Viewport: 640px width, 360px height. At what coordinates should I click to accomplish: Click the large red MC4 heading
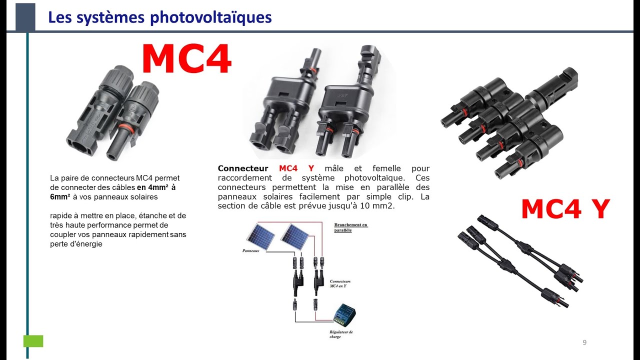(186, 59)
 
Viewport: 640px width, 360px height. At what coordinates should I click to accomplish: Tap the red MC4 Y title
(565, 209)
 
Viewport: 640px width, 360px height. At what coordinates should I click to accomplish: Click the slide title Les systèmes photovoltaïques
(160, 17)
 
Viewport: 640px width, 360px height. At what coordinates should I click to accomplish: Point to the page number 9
(584, 342)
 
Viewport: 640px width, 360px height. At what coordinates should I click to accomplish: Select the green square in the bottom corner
(33, 341)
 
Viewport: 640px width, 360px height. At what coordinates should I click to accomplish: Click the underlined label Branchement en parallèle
(350, 227)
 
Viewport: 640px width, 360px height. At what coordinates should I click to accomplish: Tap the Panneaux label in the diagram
(250, 250)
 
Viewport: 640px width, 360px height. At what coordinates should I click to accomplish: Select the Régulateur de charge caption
(341, 334)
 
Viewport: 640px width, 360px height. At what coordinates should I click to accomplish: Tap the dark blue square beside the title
(25, 16)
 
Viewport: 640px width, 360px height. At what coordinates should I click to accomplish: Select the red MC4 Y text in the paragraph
(296, 168)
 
